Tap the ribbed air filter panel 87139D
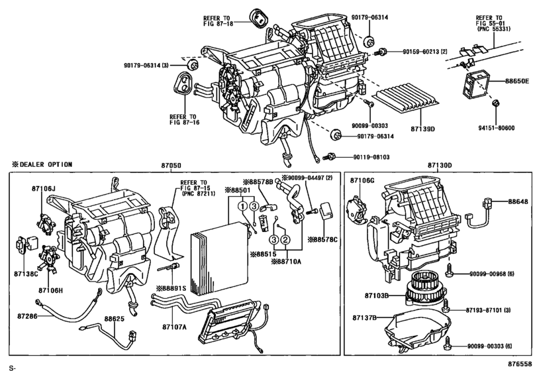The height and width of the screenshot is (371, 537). point(401,103)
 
